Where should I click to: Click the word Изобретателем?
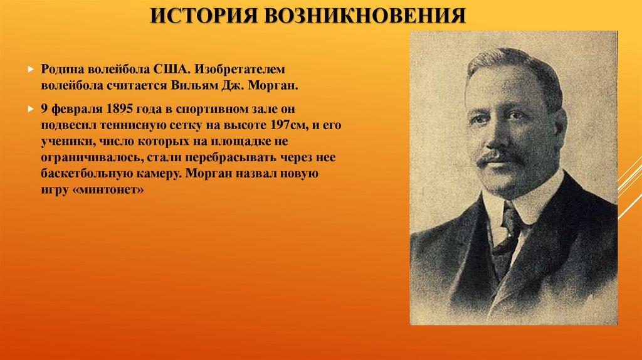point(241,68)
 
